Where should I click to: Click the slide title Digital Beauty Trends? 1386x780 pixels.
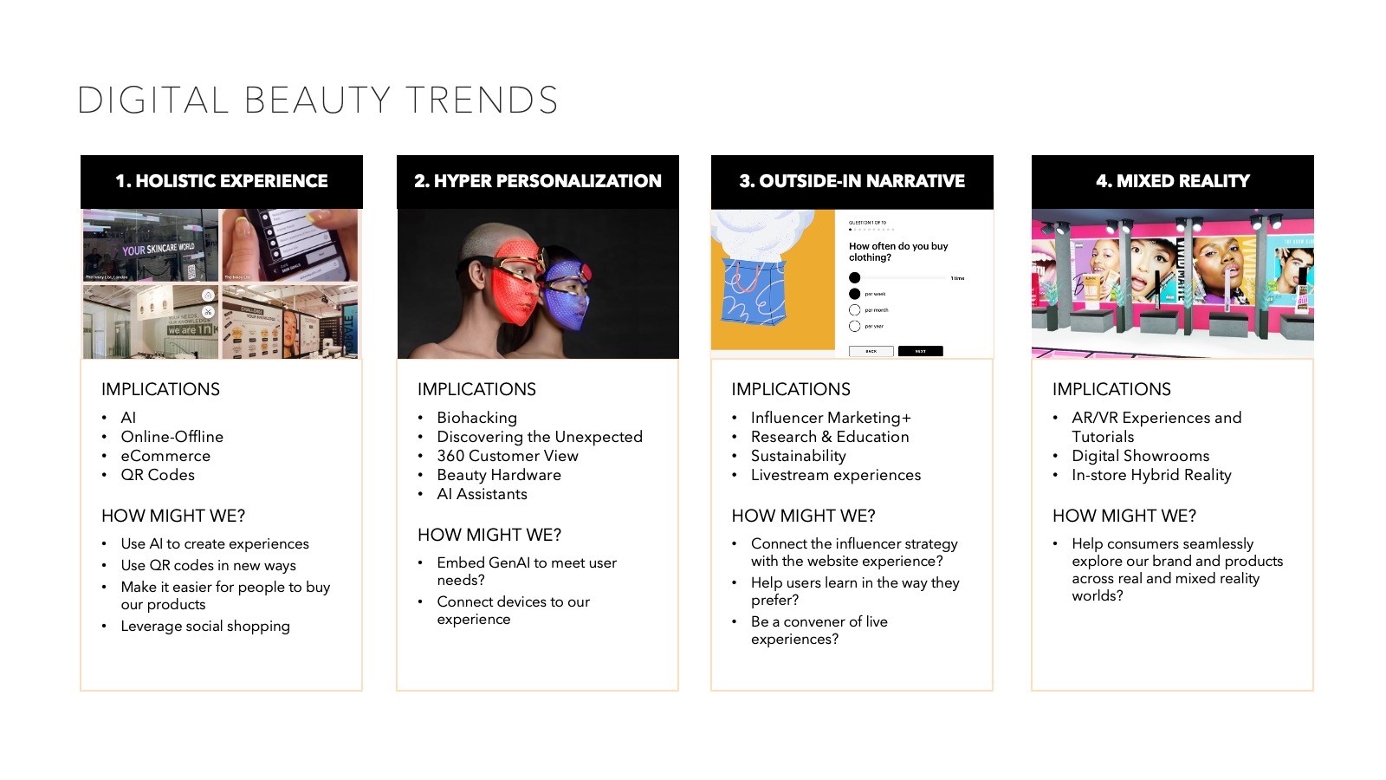tap(317, 101)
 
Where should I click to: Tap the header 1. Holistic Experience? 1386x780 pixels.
tap(222, 181)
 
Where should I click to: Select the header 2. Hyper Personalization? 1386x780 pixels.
tap(537, 181)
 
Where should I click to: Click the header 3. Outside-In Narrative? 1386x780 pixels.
tap(852, 181)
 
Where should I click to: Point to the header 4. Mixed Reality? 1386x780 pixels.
tap(1172, 181)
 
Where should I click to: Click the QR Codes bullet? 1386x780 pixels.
tap(158, 475)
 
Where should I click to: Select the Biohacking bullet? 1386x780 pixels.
tap(476, 418)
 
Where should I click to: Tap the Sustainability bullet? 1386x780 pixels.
tap(798, 456)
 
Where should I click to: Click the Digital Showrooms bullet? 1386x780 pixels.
tap(1140, 456)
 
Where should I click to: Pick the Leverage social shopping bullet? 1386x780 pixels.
tap(205, 626)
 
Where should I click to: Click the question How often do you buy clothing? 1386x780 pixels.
tap(898, 251)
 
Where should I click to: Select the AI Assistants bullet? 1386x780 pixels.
tap(482, 494)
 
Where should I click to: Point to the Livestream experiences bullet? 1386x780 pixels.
tap(835, 475)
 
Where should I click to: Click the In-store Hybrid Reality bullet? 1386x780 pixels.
tap(1151, 475)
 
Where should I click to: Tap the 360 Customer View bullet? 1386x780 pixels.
tap(507, 456)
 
